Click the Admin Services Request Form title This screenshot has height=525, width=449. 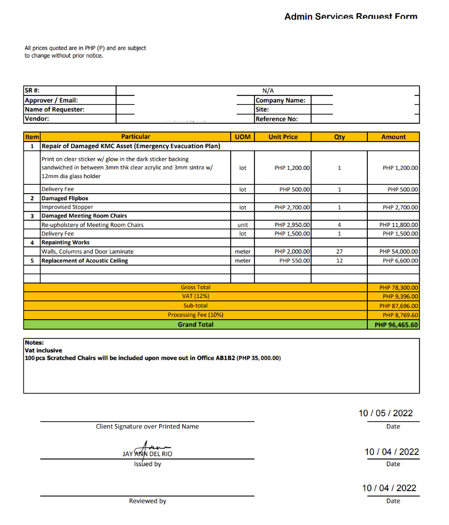tap(351, 16)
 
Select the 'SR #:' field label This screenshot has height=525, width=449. tap(32, 91)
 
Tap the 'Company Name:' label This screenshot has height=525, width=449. tap(281, 100)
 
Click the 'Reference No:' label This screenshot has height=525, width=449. tap(277, 119)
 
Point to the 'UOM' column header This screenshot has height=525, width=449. tap(243, 137)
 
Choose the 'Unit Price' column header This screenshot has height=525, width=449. tap(283, 137)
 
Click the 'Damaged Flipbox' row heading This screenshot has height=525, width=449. tap(64, 198)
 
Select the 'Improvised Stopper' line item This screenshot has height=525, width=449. tap(67, 207)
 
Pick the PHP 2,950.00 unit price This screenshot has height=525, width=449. tap(292, 225)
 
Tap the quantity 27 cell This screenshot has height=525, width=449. tap(340, 251)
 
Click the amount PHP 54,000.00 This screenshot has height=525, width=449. tap(399, 251)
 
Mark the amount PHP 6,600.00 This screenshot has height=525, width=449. tap(401, 260)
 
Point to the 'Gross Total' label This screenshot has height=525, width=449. tap(196, 287)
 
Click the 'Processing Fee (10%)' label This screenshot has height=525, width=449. tap(196, 315)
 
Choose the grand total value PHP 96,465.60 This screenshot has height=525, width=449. tap(396, 324)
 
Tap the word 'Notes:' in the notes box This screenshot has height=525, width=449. tap(34, 343)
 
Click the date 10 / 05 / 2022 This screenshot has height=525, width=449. tap(386, 413)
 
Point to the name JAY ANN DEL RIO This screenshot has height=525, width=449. tap(147, 453)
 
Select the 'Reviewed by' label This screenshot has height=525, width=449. tap(147, 501)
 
